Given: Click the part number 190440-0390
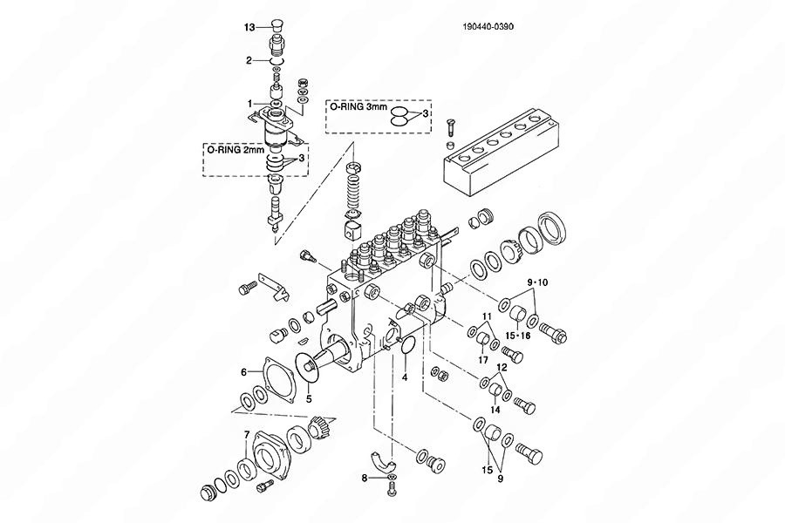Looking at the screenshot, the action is [488, 26].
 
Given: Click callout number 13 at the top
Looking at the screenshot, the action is [249, 28].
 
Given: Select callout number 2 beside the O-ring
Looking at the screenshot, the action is [249, 60].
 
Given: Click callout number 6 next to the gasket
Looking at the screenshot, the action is [244, 372].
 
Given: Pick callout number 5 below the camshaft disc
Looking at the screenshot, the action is [309, 399].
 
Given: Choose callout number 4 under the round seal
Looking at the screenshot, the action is [405, 377].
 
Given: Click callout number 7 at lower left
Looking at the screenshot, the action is [246, 434].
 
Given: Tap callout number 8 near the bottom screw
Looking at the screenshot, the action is [365, 478].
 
